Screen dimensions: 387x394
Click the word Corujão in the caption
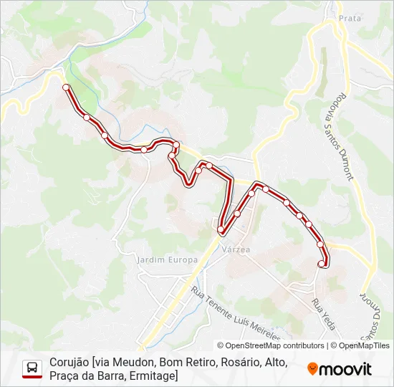coord(69,363)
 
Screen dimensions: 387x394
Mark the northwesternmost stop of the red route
coord(67,87)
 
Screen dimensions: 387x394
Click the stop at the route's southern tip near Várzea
coord(221,230)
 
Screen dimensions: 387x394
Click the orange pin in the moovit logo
coord(313,369)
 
